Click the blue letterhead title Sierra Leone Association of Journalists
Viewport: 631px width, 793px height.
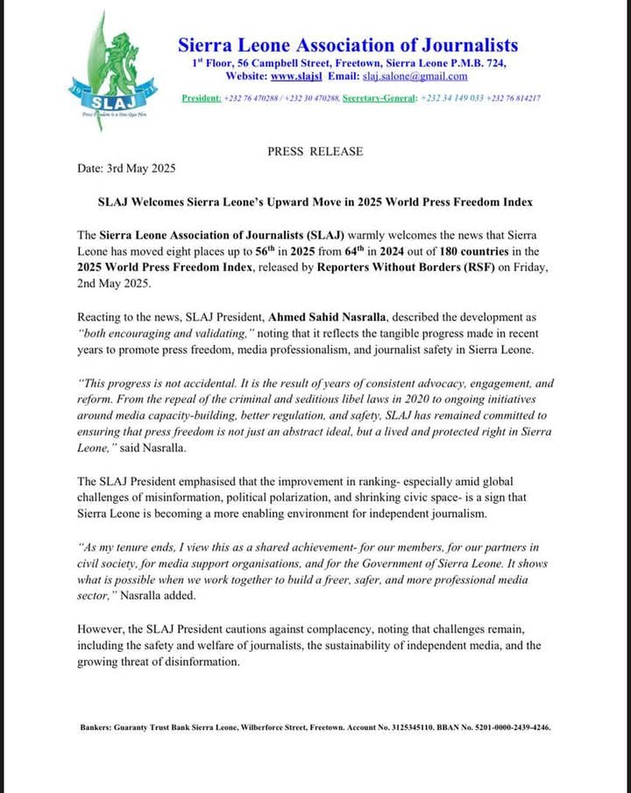(x=348, y=44)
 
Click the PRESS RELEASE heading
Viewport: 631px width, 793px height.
(x=315, y=152)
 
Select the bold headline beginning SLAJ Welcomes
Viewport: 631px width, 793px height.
(x=315, y=202)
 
